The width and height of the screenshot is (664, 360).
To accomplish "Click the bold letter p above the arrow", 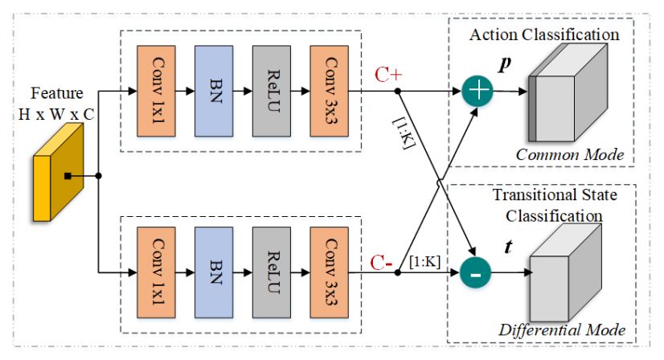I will click(x=505, y=65).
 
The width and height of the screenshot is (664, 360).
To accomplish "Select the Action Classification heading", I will click(x=544, y=35).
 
